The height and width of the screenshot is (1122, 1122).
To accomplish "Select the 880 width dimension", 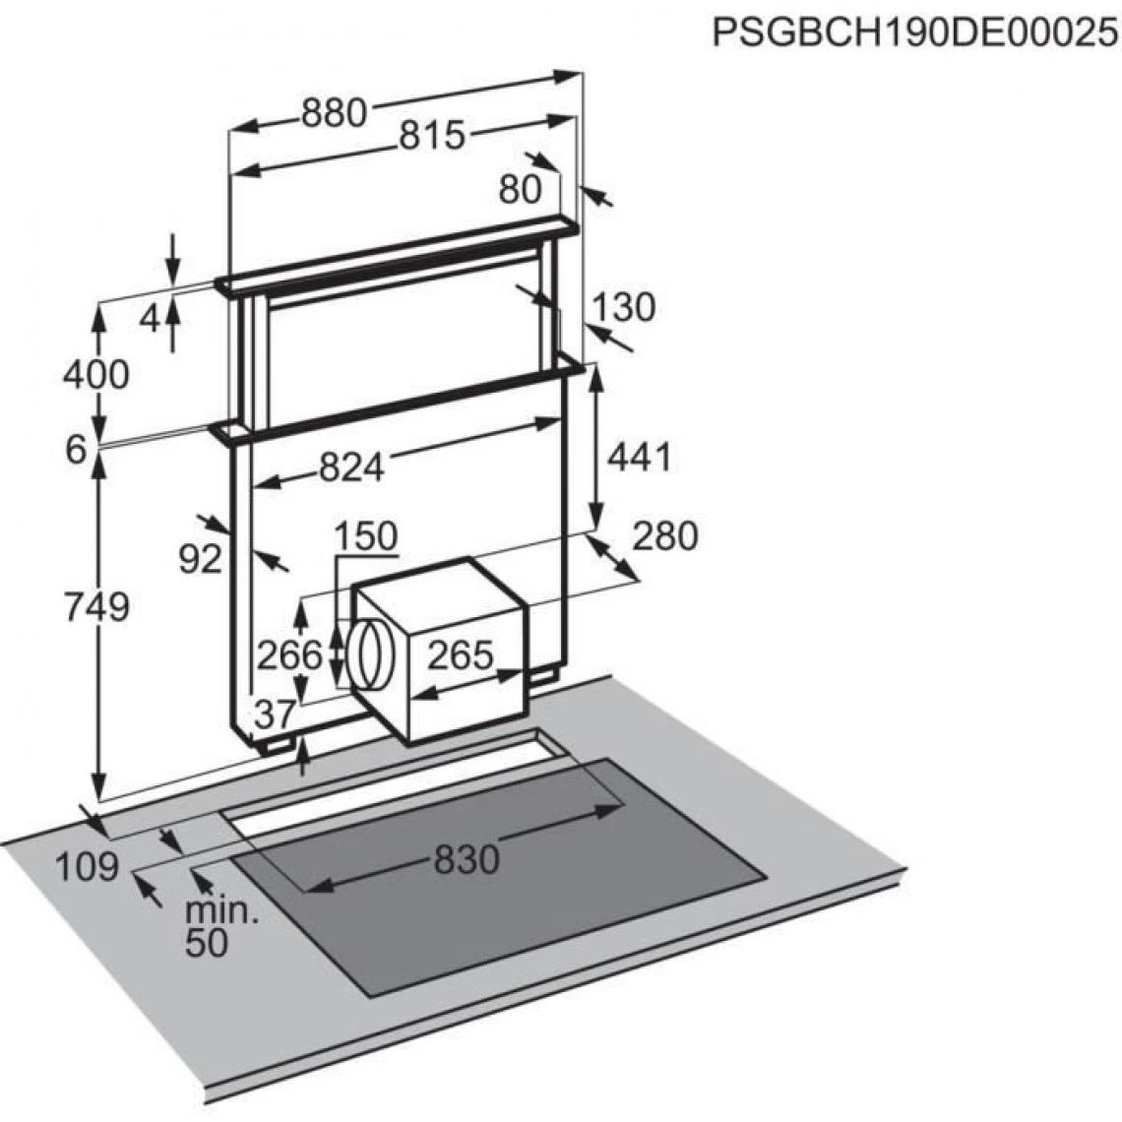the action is tap(335, 112).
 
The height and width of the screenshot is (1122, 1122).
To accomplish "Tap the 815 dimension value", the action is tap(431, 135).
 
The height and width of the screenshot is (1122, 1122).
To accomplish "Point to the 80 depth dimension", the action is tap(521, 190).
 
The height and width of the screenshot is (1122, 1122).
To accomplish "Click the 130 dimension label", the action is tap(623, 307).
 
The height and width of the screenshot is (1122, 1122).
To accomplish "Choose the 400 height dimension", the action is tap(95, 374).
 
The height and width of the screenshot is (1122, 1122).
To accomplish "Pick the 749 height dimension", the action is tap(97, 607).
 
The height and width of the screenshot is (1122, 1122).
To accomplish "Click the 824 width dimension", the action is tap(351, 467).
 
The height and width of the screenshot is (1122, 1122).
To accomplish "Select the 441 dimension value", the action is tap(640, 457).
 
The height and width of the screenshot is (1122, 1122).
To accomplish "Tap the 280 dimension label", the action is tap(664, 536).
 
